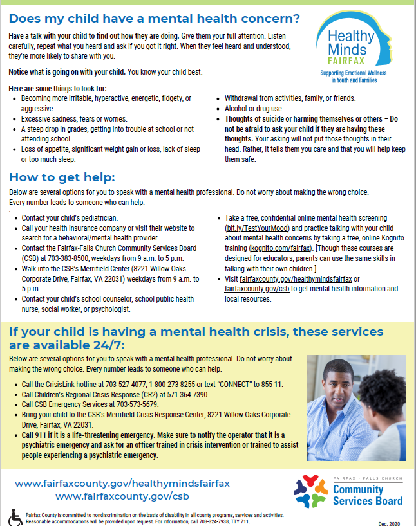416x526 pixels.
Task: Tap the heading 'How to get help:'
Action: point(62,178)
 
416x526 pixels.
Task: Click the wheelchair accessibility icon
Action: point(15,516)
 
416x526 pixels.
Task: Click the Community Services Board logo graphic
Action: point(311,491)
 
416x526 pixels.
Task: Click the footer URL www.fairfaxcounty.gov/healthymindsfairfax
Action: point(122,483)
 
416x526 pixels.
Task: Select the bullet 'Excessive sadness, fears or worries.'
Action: point(74,119)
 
